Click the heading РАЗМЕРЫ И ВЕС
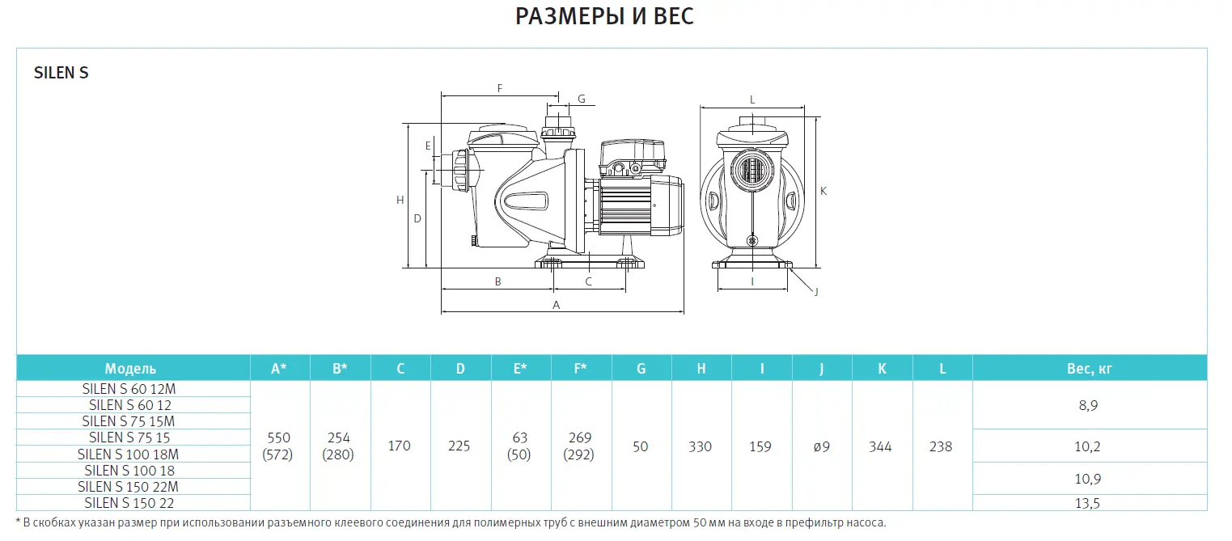[x=604, y=16]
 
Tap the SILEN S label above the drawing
[x=61, y=73]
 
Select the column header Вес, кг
[x=1089, y=369]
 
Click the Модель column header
[x=130, y=369]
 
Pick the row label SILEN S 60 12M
[x=129, y=388]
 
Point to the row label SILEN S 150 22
[x=129, y=502]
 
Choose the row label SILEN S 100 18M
[x=129, y=454]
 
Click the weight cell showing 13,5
[x=1089, y=502]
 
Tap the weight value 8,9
[x=1089, y=405]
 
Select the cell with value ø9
[x=821, y=446]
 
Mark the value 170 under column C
[x=400, y=446]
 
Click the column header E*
[x=520, y=369]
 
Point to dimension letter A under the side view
[x=556, y=305]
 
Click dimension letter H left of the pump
[x=400, y=200]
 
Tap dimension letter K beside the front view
[x=823, y=192]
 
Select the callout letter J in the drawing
[x=816, y=291]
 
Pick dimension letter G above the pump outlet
[x=581, y=99]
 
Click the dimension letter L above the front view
[x=752, y=99]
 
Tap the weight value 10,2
[x=1089, y=446]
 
